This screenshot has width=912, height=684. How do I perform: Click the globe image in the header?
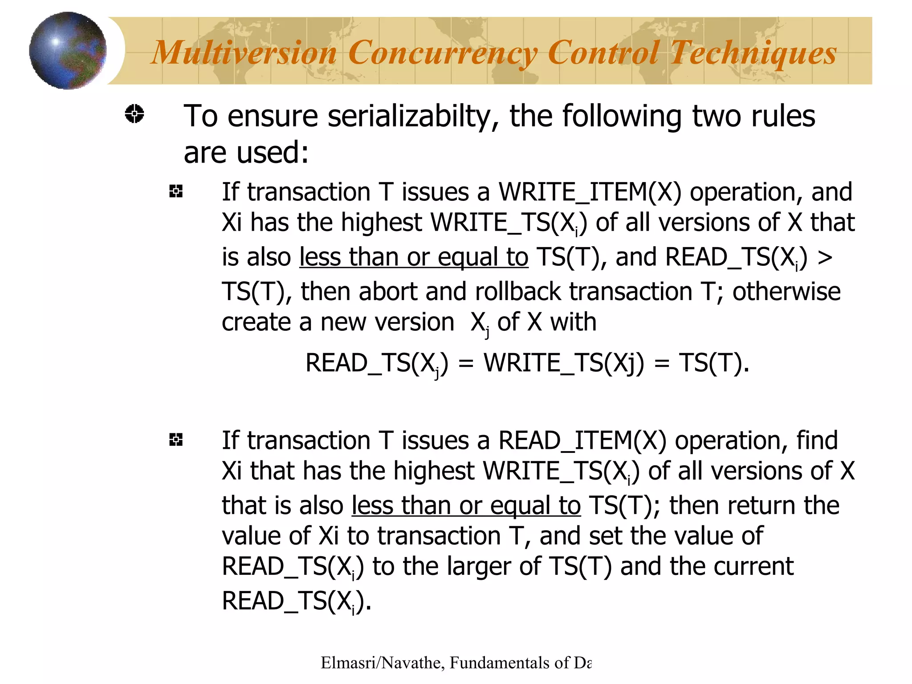tap(68, 50)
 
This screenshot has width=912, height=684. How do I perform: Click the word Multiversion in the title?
tap(244, 53)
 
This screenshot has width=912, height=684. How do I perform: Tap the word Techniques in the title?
tap(753, 53)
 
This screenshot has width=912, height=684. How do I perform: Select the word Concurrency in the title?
tap(442, 53)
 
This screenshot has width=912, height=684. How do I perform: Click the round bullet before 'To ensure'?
tap(134, 114)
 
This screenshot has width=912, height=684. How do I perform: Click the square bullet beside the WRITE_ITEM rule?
tap(176, 191)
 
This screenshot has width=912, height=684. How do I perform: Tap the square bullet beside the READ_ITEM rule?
tap(176, 440)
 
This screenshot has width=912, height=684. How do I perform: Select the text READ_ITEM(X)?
tap(582, 441)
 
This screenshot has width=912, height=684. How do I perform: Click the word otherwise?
tap(786, 292)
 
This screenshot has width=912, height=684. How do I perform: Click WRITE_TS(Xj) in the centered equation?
tap(564, 363)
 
